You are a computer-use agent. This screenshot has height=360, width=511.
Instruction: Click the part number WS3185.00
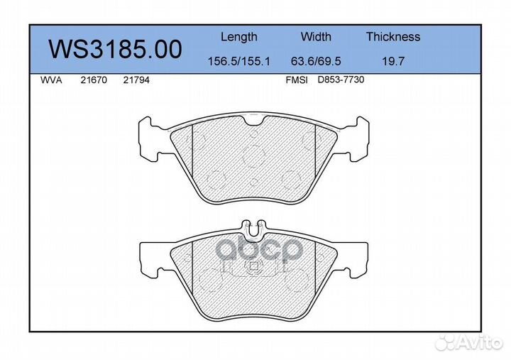pyautogui.click(x=114, y=49)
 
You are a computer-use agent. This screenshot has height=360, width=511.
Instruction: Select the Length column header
pyautogui.click(x=238, y=37)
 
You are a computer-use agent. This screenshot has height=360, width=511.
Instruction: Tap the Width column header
pyautogui.click(x=316, y=37)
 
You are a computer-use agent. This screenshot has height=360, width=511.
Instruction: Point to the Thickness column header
pyautogui.click(x=393, y=37)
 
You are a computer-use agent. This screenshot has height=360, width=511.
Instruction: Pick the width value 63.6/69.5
pyautogui.click(x=316, y=62)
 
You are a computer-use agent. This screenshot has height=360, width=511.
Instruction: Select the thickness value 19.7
pyautogui.click(x=393, y=62)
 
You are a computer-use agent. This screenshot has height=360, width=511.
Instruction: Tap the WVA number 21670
pyautogui.click(x=94, y=81)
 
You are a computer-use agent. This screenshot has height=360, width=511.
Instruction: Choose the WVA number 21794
pyautogui.click(x=136, y=81)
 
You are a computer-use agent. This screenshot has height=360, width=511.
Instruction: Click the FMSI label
pyautogui.click(x=296, y=81)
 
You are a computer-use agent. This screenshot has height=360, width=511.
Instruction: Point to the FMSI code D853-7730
pyautogui.click(x=341, y=81)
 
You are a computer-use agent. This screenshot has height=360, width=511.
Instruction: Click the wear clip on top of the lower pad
pyautogui.click(x=253, y=227)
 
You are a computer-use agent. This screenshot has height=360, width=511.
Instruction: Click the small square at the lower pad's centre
pyautogui.click(x=253, y=267)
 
